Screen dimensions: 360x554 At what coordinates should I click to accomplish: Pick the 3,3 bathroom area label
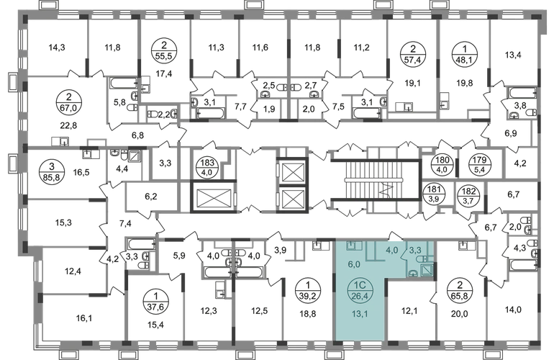pyautogui.click(x=417, y=251)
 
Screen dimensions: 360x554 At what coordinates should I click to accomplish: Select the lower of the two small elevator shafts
pyautogui.click(x=293, y=197)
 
